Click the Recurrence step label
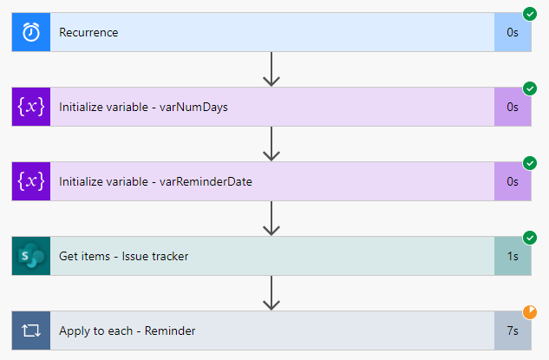click(x=88, y=33)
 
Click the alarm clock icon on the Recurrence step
click(x=31, y=33)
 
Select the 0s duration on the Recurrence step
click(x=513, y=33)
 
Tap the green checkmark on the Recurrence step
click(x=530, y=14)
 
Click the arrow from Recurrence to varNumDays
click(x=271, y=69)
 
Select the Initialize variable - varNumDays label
click(x=144, y=108)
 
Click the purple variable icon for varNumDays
click(x=31, y=108)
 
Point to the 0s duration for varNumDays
click(x=513, y=108)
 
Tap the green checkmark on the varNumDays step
click(x=530, y=88)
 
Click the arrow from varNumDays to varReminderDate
click(x=271, y=144)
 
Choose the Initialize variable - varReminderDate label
click(x=155, y=181)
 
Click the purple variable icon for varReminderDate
click(x=31, y=181)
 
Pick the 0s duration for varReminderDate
click(x=513, y=181)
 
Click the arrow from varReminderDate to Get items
click(x=271, y=219)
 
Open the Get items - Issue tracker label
click(x=123, y=256)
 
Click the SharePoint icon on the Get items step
click(x=31, y=256)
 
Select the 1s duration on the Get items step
click(x=513, y=256)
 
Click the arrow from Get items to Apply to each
click(x=271, y=293)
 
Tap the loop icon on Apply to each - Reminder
click(x=31, y=331)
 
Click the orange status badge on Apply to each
click(x=530, y=312)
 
